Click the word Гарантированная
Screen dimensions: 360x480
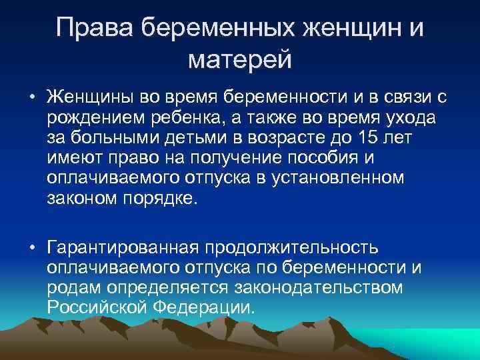point(118,249)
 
